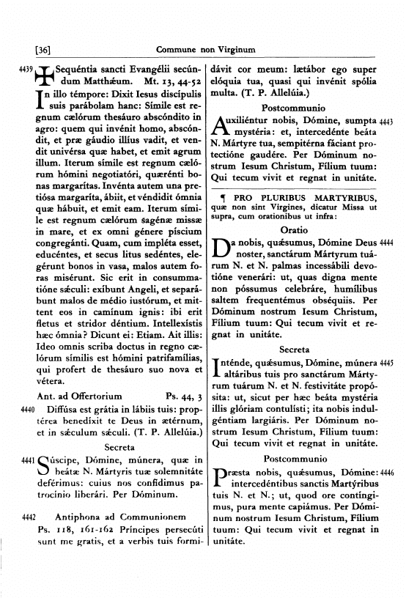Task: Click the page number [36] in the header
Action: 42,51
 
